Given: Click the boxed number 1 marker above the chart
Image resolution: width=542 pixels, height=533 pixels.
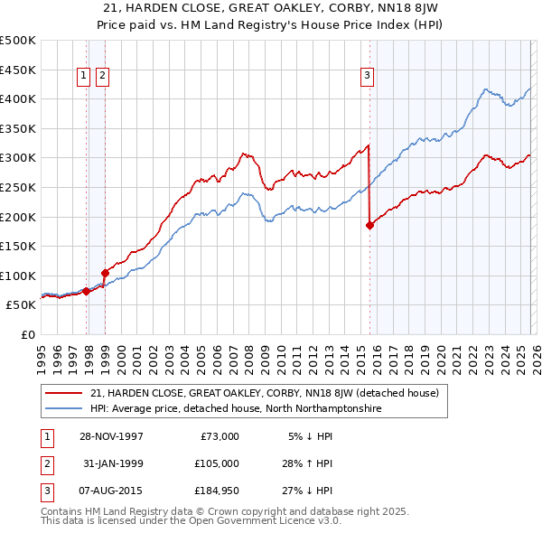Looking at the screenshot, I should click(84, 77).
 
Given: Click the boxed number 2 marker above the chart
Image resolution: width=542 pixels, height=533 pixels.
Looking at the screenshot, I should click(102, 77).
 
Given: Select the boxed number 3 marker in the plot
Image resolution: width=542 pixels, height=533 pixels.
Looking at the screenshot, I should click(368, 77).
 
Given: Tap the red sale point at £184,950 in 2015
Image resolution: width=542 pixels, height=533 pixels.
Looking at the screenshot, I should click(369, 226).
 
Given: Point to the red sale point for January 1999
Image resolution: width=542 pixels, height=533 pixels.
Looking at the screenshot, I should click(106, 272).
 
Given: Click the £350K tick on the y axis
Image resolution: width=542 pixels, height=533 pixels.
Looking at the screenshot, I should click(18, 129).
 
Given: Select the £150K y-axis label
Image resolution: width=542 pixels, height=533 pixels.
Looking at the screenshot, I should click(18, 247).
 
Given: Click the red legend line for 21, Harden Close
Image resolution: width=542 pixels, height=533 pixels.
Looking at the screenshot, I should click(64, 394).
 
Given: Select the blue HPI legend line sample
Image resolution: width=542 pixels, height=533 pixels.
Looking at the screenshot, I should click(64, 409).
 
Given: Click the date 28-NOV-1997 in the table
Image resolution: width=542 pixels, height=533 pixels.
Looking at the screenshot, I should click(111, 436).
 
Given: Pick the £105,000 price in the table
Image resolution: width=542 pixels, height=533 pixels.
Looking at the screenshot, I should click(218, 464).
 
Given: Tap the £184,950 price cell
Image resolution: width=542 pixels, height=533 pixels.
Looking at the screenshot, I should click(218, 492).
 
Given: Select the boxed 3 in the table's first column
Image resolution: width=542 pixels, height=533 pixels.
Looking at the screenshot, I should click(45, 492).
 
